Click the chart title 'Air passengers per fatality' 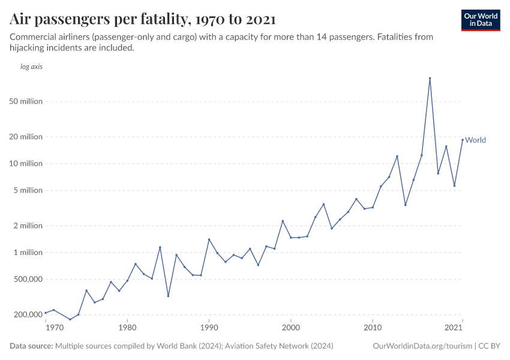(x=143, y=19)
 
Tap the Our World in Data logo (x=480, y=20)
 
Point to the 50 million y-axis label (x=26, y=101)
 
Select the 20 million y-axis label (x=26, y=137)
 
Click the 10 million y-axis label (x=26, y=164)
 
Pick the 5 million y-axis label (x=28, y=191)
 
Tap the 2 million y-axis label (x=28, y=226)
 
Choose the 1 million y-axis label (x=28, y=253)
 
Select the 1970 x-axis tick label (x=54, y=328)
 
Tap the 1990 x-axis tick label (x=209, y=328)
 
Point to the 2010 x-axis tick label (x=373, y=328)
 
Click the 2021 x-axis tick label (x=454, y=328)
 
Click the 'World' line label (x=476, y=140)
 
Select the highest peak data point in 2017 (x=430, y=78)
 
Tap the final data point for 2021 (x=462, y=140)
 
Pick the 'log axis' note (x=31, y=67)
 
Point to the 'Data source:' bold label (x=31, y=346)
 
